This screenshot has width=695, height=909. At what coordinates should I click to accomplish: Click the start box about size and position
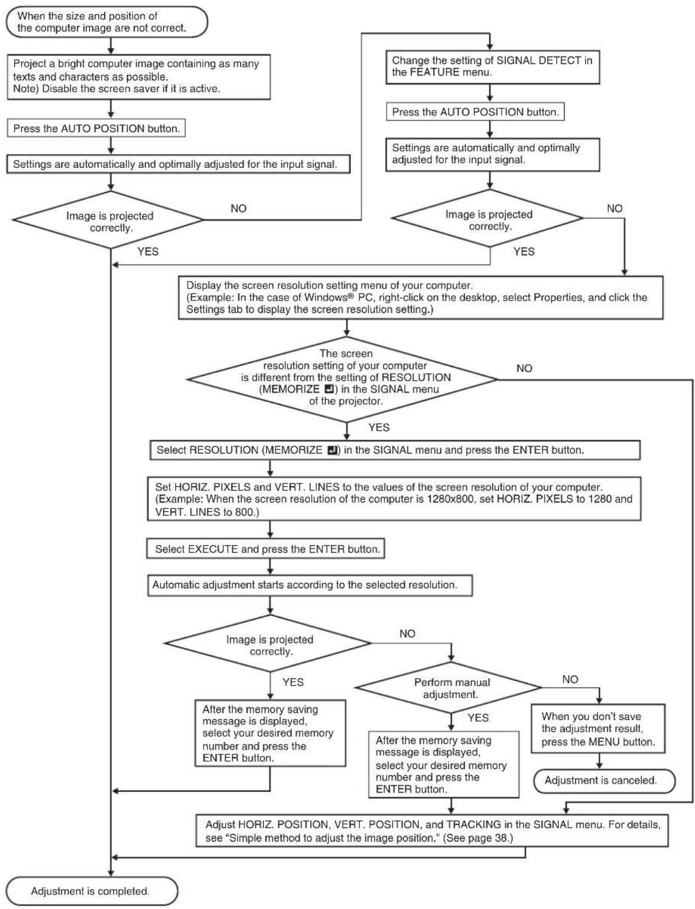[107, 22]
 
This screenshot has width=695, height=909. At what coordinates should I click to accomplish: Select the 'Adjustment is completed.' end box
[91, 890]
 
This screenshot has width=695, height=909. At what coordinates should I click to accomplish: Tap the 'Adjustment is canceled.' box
[604, 780]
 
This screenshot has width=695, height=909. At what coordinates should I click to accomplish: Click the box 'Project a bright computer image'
[139, 77]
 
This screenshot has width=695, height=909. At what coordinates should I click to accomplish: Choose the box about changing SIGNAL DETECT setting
[493, 67]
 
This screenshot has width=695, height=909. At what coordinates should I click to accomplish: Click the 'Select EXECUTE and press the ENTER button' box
[265, 549]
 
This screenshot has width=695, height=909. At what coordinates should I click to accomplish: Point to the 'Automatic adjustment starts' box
[310, 585]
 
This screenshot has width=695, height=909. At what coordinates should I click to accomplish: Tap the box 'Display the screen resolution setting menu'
[421, 298]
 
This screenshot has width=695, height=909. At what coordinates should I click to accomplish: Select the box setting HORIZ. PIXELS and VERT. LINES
[394, 499]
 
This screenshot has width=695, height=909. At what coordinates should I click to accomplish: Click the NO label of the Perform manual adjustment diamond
[570, 679]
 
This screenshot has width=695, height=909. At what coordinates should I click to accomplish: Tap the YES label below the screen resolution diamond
[379, 427]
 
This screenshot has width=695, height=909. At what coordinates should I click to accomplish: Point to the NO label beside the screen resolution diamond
[524, 368]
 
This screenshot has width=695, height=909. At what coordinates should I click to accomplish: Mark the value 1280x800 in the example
[451, 499]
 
